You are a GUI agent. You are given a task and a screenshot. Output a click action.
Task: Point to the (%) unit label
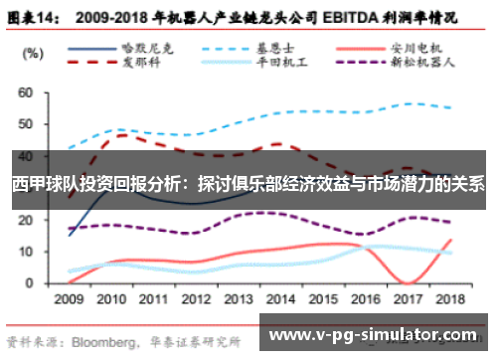[x=32, y=52]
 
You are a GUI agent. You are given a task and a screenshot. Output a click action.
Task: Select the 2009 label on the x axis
[x=69, y=298]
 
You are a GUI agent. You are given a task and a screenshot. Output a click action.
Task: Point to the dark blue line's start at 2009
[x=69, y=235]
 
